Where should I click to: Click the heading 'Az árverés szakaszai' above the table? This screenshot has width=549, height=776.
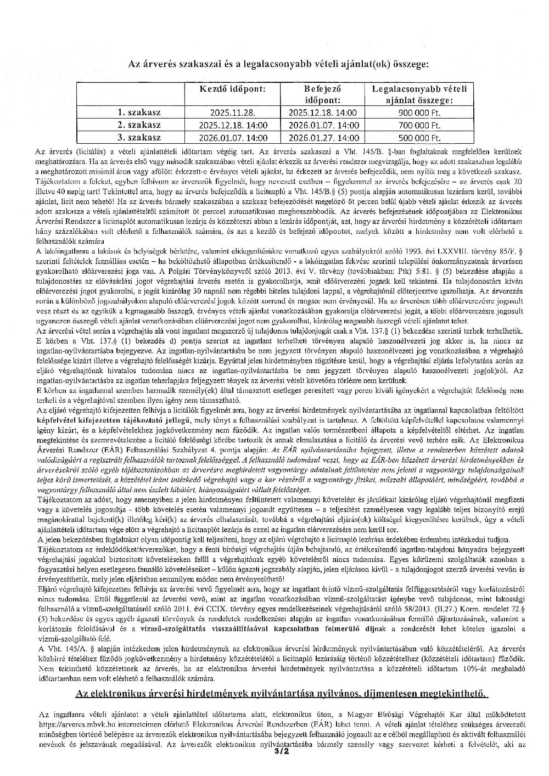(x=278, y=64)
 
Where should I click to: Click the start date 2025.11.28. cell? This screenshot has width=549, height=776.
(x=233, y=113)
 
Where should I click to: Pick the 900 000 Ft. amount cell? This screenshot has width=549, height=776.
(x=420, y=113)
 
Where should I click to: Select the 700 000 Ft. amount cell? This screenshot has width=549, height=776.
(x=420, y=125)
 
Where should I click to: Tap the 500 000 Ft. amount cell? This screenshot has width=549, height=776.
(x=420, y=138)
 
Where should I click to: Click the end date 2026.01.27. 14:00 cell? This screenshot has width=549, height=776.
(x=322, y=138)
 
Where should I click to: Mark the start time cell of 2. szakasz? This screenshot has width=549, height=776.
(x=233, y=125)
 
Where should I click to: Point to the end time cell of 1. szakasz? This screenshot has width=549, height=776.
(x=322, y=113)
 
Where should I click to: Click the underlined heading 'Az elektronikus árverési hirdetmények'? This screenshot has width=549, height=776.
(x=281, y=694)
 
